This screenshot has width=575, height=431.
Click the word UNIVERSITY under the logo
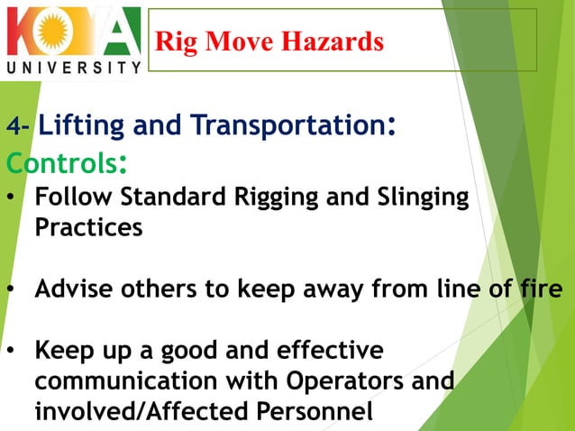74,67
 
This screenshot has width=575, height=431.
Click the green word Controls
59,163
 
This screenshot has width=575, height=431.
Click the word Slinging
424,197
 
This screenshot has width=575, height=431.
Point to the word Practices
88,228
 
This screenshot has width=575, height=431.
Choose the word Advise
72,289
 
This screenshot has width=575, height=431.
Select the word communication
117,381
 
